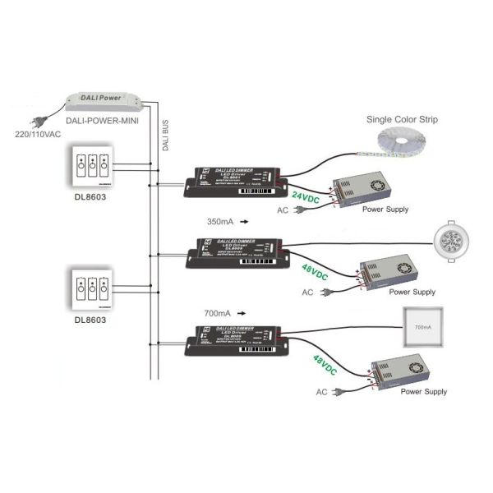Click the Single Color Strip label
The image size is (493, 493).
point(403,120)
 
